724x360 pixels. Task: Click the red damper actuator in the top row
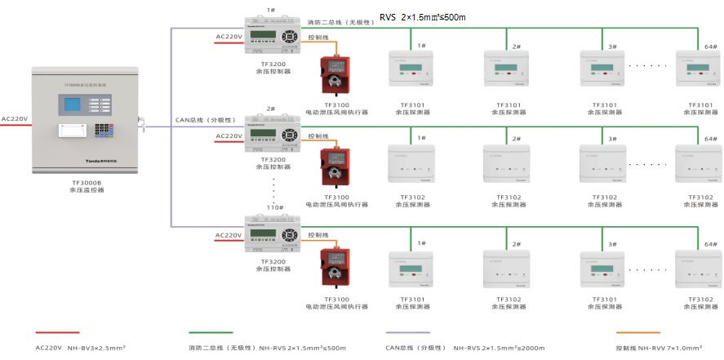(334, 75)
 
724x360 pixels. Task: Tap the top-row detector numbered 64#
(697, 68)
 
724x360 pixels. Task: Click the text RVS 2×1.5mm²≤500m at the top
(422, 17)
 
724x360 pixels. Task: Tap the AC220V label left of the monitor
(15, 119)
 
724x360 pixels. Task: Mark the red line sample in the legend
(57, 332)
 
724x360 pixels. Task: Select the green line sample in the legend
(211, 332)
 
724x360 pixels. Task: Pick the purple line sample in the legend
(407, 332)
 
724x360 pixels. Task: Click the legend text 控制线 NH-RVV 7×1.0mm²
(658, 348)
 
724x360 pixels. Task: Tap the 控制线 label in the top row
(318, 38)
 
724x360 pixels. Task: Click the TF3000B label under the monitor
(87, 183)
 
